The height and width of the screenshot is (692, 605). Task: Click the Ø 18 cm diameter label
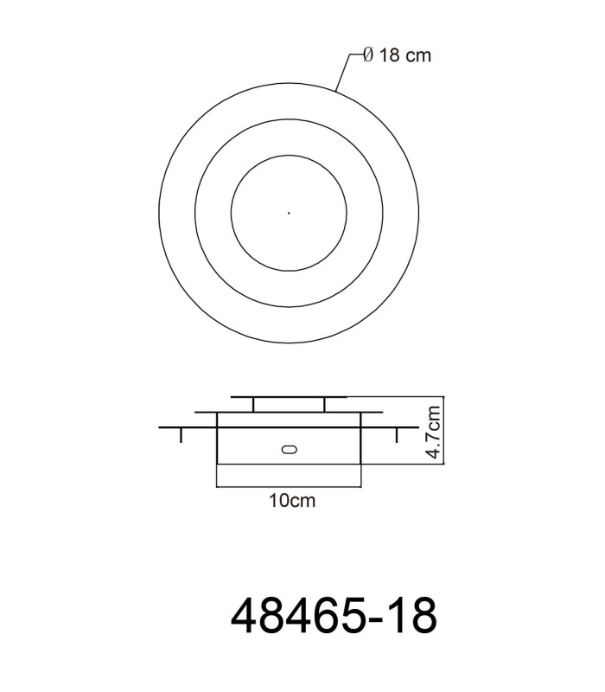click(397, 55)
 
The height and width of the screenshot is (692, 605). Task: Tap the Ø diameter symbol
click(368, 55)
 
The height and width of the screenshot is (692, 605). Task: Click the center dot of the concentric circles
click(289, 213)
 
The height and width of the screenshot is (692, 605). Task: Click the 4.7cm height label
click(434, 432)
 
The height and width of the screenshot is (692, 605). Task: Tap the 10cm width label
click(292, 501)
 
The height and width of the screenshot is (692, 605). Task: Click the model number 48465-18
click(334, 616)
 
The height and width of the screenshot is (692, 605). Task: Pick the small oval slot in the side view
click(289, 450)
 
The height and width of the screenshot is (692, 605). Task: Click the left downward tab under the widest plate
click(181, 435)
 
